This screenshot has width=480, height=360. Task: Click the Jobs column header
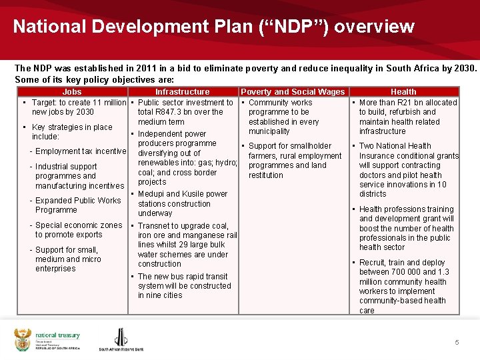(x=71, y=92)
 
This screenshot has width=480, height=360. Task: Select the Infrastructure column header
(x=182, y=92)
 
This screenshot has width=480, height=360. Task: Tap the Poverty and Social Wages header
(x=293, y=92)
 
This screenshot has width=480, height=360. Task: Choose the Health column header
(x=403, y=92)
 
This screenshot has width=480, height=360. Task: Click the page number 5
(x=457, y=342)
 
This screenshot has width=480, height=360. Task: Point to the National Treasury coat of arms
(x=23, y=339)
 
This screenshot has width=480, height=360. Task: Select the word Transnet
(x=155, y=226)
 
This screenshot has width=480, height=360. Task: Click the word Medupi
(x=151, y=194)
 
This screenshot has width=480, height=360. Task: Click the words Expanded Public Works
(x=78, y=200)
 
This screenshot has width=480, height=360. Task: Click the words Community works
(x=280, y=103)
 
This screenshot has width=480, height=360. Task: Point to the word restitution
(x=266, y=175)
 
